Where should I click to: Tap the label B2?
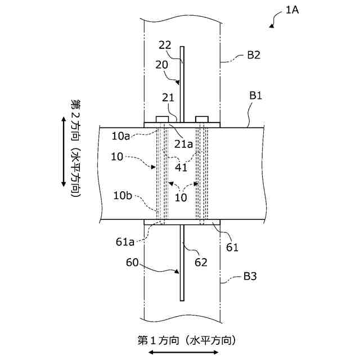pyautogui.click(x=253, y=55)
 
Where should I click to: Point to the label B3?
pyautogui.click(x=250, y=276)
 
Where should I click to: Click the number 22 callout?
pyautogui.click(x=165, y=45)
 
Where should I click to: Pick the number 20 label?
pyautogui.click(x=161, y=65)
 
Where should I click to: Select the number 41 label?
pyautogui.click(x=181, y=167)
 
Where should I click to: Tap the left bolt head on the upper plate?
pyautogui.click(x=161, y=119)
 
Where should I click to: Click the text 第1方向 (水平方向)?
pyautogui.click(x=186, y=340)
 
